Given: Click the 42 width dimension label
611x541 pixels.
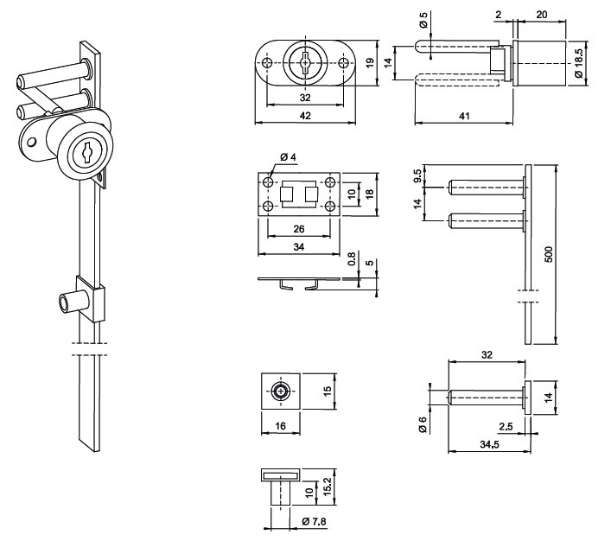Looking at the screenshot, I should pyautogui.click(x=305, y=116).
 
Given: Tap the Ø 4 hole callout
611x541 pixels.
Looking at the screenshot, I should pyautogui.click(x=288, y=156).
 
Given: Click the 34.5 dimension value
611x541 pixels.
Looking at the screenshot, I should pyautogui.click(x=488, y=444).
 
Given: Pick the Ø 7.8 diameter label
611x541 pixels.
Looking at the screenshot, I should pyautogui.click(x=314, y=521).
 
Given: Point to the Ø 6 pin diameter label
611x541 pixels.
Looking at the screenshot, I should pyautogui.click(x=423, y=424).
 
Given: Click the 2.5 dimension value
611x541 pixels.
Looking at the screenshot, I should pyautogui.click(x=505, y=426).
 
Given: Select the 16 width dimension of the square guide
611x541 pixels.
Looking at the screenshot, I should pyautogui.click(x=279, y=425).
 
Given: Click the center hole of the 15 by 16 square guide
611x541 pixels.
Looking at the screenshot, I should pyautogui.click(x=280, y=391).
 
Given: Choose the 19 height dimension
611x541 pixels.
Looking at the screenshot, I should pyautogui.click(x=369, y=61).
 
